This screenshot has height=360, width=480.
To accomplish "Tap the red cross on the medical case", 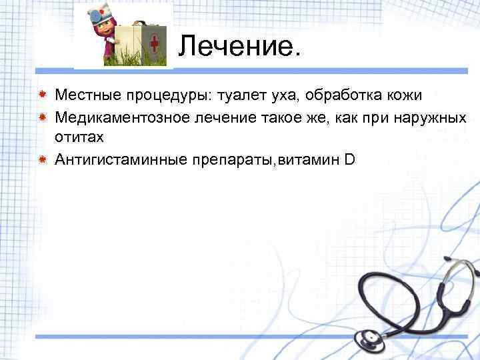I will pyautogui.click(x=154, y=45).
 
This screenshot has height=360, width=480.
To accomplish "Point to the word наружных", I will pyautogui.click(x=431, y=117).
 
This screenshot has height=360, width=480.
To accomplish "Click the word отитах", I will pyautogui.click(x=79, y=137).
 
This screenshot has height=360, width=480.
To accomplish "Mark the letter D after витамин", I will pyautogui.click(x=349, y=159).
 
